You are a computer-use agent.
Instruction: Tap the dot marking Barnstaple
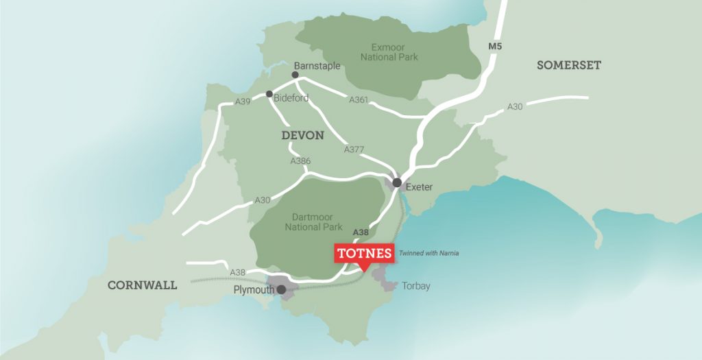[295, 75]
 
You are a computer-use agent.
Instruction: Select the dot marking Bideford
[269, 94]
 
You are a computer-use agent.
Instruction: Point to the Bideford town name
[291, 98]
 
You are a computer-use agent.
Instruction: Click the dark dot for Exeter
[396, 182]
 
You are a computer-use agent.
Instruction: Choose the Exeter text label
[420, 187]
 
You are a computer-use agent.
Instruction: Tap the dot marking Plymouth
[281, 289]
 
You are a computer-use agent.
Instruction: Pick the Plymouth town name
[253, 289]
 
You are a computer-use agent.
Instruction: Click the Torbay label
[416, 286]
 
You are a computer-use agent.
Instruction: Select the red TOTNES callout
[365, 254]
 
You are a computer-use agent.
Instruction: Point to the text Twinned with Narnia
[428, 253]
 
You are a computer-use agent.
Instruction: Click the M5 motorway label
[495, 47]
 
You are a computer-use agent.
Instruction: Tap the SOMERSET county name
[569, 65]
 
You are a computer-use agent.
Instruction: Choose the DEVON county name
[302, 135]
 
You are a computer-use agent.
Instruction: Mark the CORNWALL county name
[142, 285]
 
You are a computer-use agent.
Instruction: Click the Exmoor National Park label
[389, 51]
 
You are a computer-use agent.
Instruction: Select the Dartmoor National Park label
[313, 221]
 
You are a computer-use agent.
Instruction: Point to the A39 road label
[243, 101]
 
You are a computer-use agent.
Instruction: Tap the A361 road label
[359, 100]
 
